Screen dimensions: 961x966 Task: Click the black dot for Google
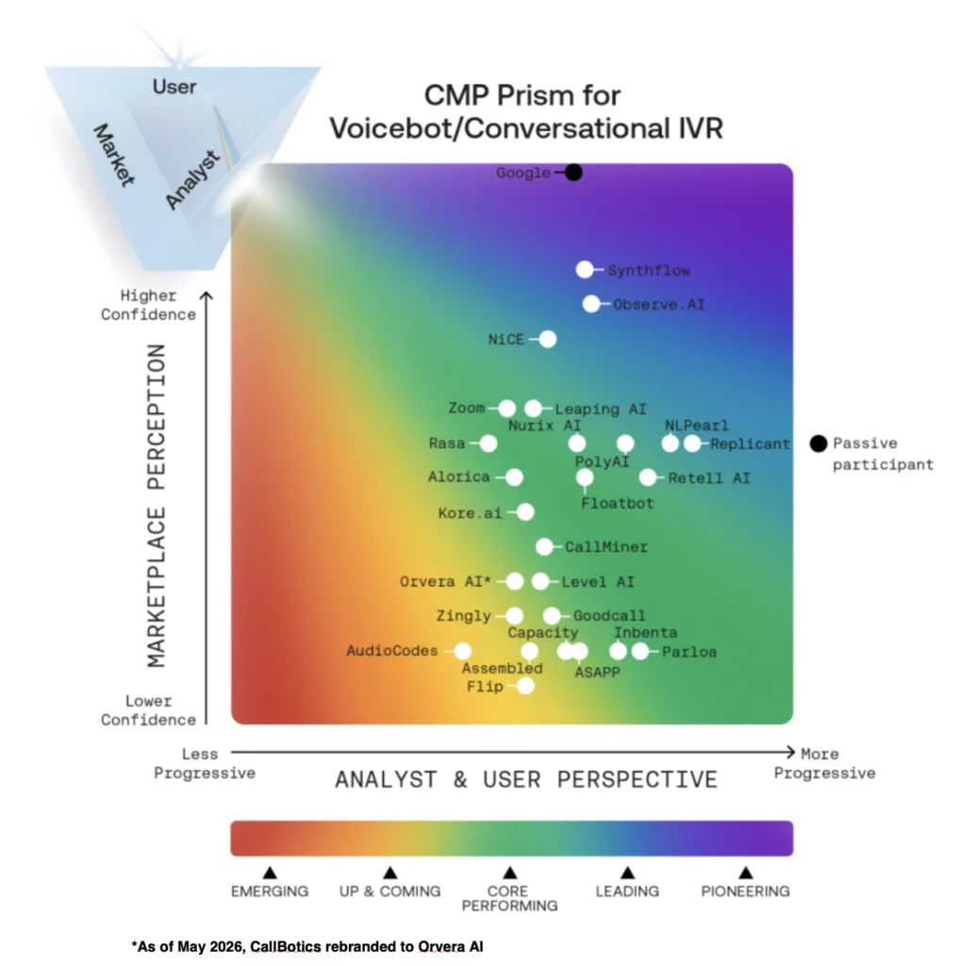[x=573, y=173]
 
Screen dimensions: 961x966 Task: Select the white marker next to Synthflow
[x=585, y=269]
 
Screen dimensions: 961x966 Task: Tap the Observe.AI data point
[x=591, y=304]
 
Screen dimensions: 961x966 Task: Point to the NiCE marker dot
[x=548, y=339]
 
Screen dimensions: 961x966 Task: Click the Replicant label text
[x=750, y=443]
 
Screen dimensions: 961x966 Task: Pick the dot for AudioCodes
[x=463, y=651]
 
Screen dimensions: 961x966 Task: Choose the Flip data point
[x=525, y=686]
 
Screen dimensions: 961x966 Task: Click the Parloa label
[x=689, y=652]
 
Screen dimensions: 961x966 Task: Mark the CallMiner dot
[x=544, y=546]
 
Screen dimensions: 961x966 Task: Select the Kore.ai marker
[x=525, y=512]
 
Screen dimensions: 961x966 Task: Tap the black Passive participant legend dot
[x=818, y=443]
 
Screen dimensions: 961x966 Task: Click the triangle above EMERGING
[x=270, y=873]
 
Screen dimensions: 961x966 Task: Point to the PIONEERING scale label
[x=745, y=891]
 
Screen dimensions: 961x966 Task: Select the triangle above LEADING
[x=627, y=873]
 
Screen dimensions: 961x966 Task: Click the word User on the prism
[x=174, y=87]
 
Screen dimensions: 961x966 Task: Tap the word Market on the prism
[x=113, y=156]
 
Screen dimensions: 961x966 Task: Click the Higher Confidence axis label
[x=148, y=305]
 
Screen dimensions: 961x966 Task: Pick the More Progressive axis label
[x=824, y=763]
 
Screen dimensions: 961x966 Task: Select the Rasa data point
[x=489, y=443]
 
